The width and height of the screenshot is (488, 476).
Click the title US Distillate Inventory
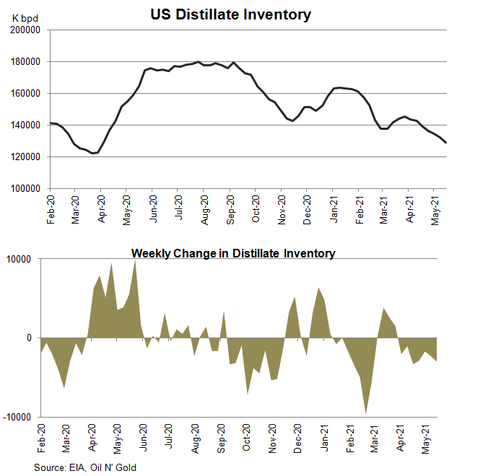click(x=231, y=14)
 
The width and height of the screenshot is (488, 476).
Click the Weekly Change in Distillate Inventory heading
click(x=232, y=253)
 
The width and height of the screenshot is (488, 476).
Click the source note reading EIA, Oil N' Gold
click(x=84, y=467)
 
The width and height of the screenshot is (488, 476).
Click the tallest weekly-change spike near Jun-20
click(x=135, y=260)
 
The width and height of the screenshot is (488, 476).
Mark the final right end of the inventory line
click(x=445, y=143)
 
